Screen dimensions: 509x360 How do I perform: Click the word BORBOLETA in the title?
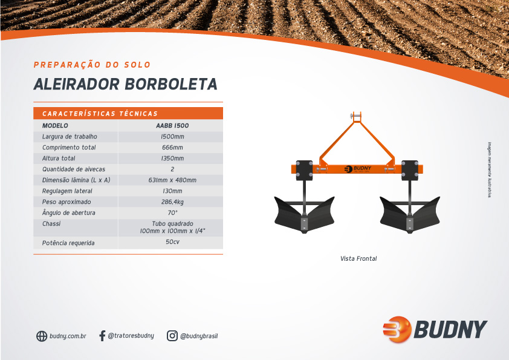tap(171, 84)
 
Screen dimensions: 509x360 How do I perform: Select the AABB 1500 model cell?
tap(172, 126)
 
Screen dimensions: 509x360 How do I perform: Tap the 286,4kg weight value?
tap(172, 201)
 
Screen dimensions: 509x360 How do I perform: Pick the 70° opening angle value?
tap(172, 212)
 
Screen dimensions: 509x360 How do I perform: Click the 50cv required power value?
tap(172, 242)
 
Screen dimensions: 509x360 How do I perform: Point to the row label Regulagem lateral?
tap(67, 191)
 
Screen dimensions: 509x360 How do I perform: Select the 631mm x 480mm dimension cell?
tap(172, 180)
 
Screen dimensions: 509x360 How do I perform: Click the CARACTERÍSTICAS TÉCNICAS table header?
tap(100, 114)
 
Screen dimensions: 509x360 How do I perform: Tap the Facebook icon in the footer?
tap(102, 336)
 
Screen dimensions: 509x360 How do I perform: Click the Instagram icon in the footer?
tap(172, 336)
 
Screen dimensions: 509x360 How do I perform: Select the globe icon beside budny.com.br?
tap(42, 336)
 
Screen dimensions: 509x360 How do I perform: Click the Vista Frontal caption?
tap(358, 258)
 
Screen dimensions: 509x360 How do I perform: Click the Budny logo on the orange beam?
tap(358, 169)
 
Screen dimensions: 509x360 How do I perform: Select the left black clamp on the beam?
tap(304, 170)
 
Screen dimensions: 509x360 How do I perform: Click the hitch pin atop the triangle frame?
tap(356, 116)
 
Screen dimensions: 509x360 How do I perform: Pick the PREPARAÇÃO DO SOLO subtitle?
tap(92, 65)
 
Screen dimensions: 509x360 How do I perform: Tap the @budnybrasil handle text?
tap(199, 336)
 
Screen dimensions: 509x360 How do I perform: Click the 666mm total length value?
tap(172, 148)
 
